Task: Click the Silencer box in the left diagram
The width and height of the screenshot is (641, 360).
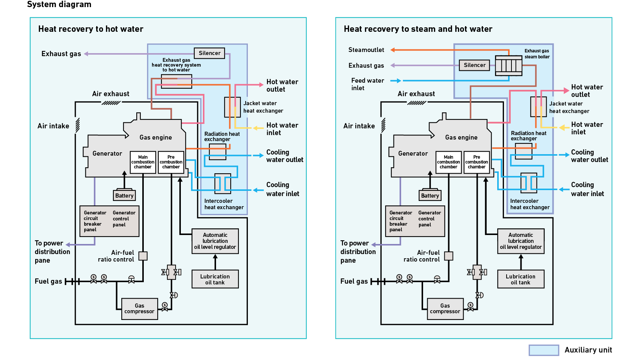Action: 209,53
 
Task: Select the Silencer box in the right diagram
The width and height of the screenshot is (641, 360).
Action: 474,65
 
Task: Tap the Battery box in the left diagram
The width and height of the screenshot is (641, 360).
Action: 124,195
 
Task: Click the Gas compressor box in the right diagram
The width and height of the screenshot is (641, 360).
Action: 445,309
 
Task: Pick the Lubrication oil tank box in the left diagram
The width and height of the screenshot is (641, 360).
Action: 215,279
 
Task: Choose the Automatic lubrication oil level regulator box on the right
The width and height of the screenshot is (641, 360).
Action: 520,241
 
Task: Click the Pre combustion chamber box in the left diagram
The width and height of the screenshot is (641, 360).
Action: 171,162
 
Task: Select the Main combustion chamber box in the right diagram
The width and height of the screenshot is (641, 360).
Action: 448,162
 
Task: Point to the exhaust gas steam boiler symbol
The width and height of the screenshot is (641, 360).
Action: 508,65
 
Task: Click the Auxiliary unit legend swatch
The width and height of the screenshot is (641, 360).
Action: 544,350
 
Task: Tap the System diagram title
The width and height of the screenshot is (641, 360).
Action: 59,4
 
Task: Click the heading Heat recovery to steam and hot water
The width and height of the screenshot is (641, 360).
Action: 418,29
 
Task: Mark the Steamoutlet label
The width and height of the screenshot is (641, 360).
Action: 366,50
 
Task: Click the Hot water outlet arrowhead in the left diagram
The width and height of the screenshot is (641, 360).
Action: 261,85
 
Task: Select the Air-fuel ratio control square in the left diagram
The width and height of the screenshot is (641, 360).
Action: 143,256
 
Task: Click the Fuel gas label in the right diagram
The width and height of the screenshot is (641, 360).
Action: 354,281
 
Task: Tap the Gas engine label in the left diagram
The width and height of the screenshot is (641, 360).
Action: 156,137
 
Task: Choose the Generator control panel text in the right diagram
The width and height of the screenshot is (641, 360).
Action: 429,219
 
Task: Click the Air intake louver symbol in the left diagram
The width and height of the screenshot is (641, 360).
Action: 78,125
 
